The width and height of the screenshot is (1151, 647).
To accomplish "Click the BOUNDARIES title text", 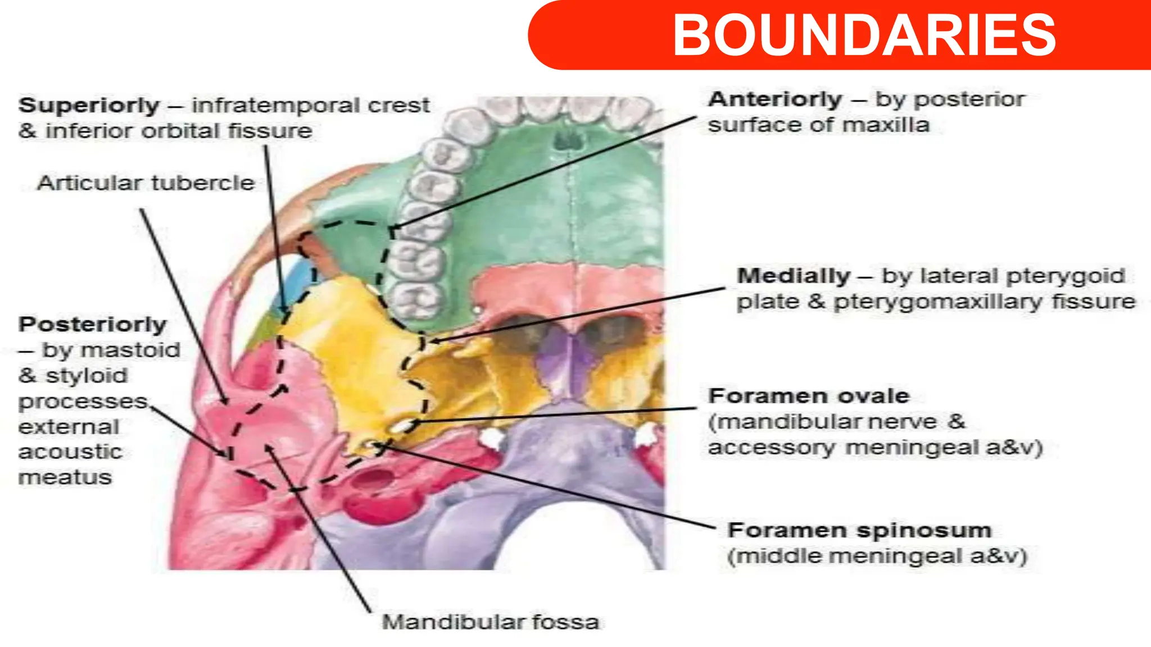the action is tap(864, 35).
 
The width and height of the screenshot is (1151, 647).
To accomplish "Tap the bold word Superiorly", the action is tap(89, 106).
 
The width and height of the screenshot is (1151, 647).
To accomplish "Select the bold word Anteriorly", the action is tap(774, 100).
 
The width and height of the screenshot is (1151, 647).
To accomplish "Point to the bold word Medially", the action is tap(793, 276).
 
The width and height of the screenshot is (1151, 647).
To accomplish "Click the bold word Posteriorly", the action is tap(92, 325).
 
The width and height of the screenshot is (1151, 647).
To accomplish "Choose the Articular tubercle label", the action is tap(146, 183).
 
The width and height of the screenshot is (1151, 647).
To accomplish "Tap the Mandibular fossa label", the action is tap(490, 622).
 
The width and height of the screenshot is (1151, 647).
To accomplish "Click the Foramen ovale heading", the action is tap(808, 396).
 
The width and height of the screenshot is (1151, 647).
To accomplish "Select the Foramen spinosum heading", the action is tap(859, 530).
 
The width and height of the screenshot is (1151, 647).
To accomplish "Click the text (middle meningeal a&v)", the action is tap(877, 557).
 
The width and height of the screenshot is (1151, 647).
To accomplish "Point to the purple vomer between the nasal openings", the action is tap(565, 359).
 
